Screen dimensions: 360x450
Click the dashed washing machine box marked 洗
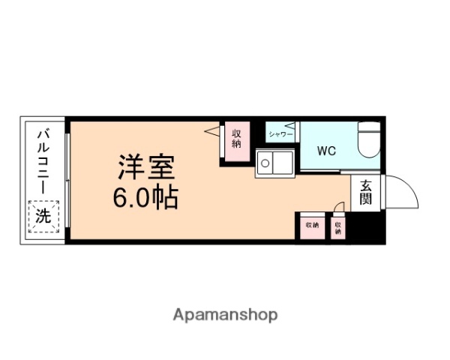(x=43, y=217)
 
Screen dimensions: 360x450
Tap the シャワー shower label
(x=280, y=135)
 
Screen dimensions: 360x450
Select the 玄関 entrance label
(x=365, y=192)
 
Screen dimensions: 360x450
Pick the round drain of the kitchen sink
(x=264, y=163)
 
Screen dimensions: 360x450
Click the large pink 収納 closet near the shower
(x=236, y=139)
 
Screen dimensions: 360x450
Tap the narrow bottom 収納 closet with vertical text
(x=338, y=226)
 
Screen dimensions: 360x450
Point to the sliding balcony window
(x=67, y=180)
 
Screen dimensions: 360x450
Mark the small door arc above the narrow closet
(x=339, y=207)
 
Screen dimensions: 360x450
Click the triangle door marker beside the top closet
(x=212, y=132)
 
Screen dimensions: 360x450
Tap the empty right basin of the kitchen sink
(x=283, y=162)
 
